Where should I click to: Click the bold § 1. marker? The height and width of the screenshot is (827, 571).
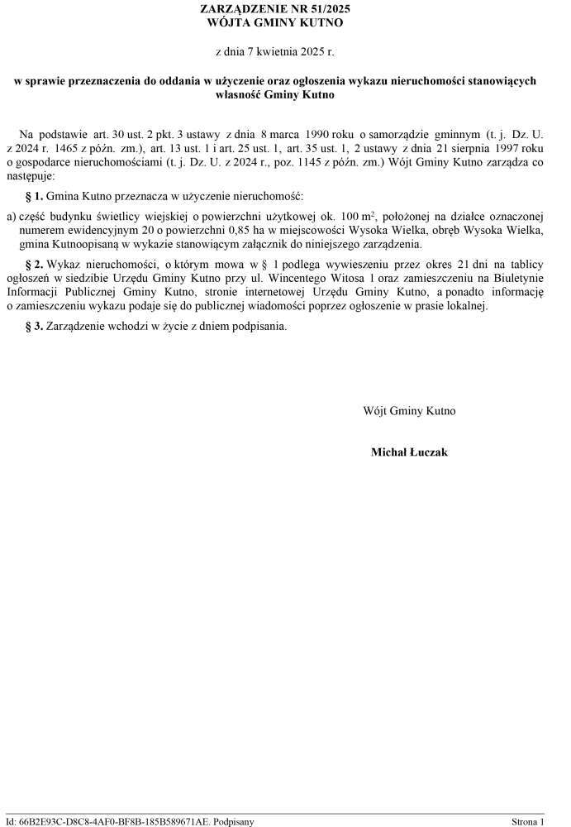pyautogui.click(x=35, y=197)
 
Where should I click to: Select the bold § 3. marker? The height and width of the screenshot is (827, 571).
pyautogui.click(x=35, y=326)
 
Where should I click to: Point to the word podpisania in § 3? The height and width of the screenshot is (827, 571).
pyautogui.click(x=262, y=326)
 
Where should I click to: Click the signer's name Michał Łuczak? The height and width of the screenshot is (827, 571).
pyautogui.click(x=409, y=452)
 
